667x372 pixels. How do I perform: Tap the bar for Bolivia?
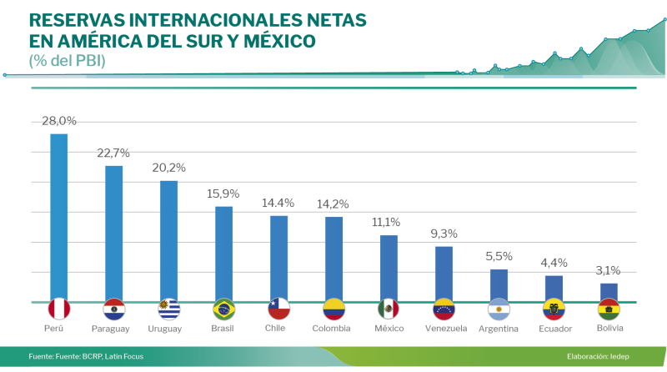[609, 292]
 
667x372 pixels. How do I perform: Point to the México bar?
[389, 268]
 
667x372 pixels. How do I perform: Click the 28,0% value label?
[59, 121]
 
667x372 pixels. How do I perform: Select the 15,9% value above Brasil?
[224, 194]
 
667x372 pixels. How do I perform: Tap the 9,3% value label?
[444, 234]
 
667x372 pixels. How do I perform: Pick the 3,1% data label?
[609, 270]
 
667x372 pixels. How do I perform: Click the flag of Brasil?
[224, 309]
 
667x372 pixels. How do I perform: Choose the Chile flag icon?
[278, 309]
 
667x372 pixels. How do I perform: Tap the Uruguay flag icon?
[169, 309]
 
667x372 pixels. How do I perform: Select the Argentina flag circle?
[499, 309]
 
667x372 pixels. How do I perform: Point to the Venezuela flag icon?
[444, 309]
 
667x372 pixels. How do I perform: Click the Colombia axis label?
[333, 328]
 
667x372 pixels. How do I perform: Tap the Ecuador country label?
[555, 329]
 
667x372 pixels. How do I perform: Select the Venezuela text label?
[444, 328]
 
